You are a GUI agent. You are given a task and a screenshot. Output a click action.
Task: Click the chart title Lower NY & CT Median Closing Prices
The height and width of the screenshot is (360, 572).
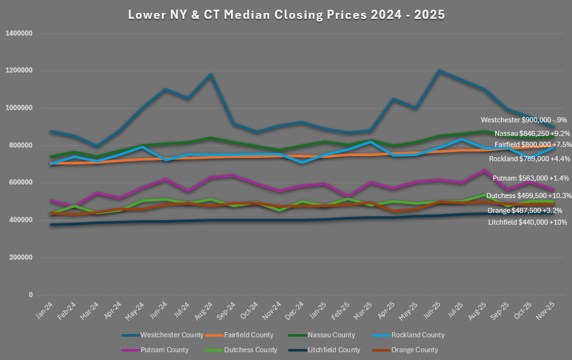(x=286, y=14)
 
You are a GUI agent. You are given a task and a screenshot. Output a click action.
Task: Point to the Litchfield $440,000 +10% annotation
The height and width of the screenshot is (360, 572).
(x=527, y=222)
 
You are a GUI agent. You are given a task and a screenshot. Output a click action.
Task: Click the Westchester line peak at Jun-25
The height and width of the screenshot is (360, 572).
(x=440, y=71)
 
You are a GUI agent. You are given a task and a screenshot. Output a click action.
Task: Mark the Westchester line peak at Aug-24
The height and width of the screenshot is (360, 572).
(x=210, y=74)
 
